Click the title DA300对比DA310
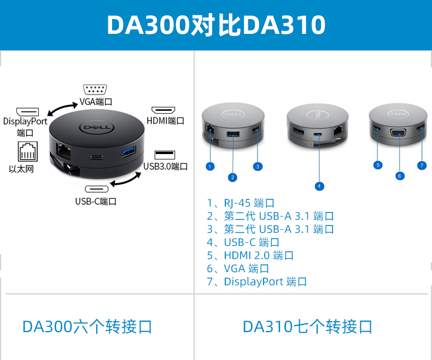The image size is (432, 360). click(216, 25)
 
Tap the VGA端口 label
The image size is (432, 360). click(96, 102)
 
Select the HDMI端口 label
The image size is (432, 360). click(165, 121)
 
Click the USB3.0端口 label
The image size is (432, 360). click(166, 166)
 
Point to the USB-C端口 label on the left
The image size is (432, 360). click(96, 201)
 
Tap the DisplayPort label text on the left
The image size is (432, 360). click(25, 121)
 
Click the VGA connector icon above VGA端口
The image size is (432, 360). click(96, 90)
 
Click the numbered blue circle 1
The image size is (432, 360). click(211, 166)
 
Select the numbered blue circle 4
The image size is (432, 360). click(319, 186)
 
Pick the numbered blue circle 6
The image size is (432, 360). click(400, 176)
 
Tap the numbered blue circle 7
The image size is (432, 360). click(421, 165)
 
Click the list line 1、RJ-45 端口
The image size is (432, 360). click(240, 203)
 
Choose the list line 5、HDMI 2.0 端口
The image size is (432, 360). click(250, 256)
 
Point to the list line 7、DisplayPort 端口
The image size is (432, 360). click(256, 282)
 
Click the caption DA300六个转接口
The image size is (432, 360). click(87, 327)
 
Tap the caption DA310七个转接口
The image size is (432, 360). click(308, 327)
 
